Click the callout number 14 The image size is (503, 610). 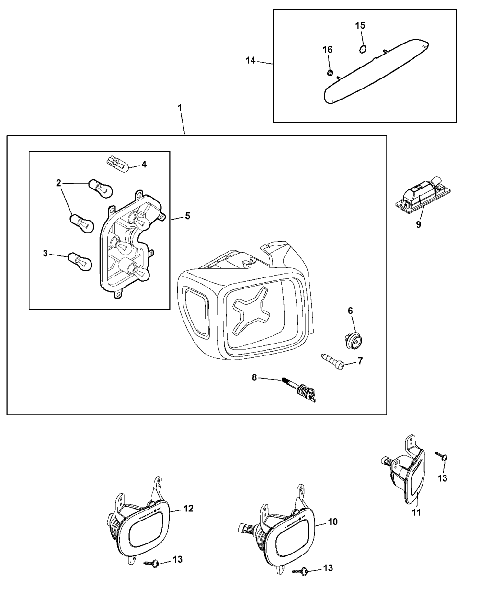pyautogui.click(x=250, y=60)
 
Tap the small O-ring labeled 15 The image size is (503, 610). pyautogui.click(x=363, y=48)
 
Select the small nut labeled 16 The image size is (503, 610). pyautogui.click(x=330, y=73)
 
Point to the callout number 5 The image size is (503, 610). pyautogui.click(x=187, y=216)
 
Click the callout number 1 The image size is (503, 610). pyautogui.click(x=180, y=108)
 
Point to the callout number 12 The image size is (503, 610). pyautogui.click(x=188, y=508)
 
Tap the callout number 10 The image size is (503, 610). pyautogui.click(x=332, y=521)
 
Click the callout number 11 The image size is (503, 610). pyautogui.click(x=417, y=512)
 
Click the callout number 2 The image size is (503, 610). pyautogui.click(x=58, y=182)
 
